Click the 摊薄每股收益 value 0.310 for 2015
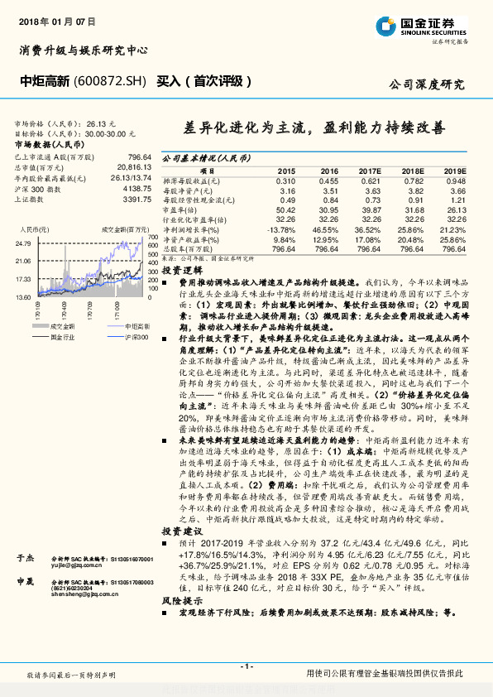pos(285,180)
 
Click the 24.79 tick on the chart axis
pos(22,243)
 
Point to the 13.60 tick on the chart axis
pos(22,296)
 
